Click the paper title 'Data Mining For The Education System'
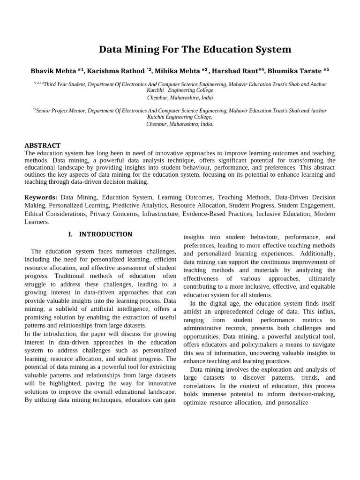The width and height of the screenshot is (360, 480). point(195,50)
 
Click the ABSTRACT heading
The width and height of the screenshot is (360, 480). point(43,145)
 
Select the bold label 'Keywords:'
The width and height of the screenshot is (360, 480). point(41,198)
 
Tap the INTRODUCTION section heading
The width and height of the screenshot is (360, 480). point(105,234)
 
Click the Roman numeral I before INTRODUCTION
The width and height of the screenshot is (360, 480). point(70,234)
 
